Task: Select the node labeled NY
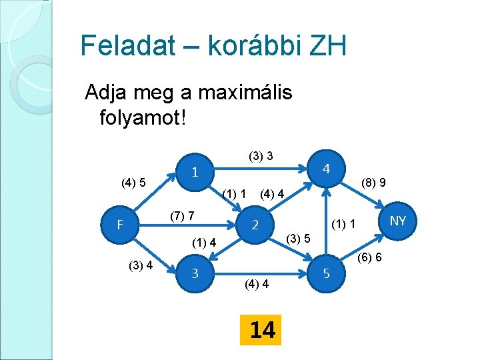(398, 221)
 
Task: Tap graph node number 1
(194, 172)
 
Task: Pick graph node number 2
(255, 225)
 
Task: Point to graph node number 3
(194, 273)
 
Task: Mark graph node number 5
(326, 273)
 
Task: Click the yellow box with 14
(262, 329)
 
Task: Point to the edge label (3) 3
(260, 157)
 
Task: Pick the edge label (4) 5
(133, 182)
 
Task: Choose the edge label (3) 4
(141, 265)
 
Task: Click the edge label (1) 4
(204, 242)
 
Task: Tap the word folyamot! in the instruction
(142, 118)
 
